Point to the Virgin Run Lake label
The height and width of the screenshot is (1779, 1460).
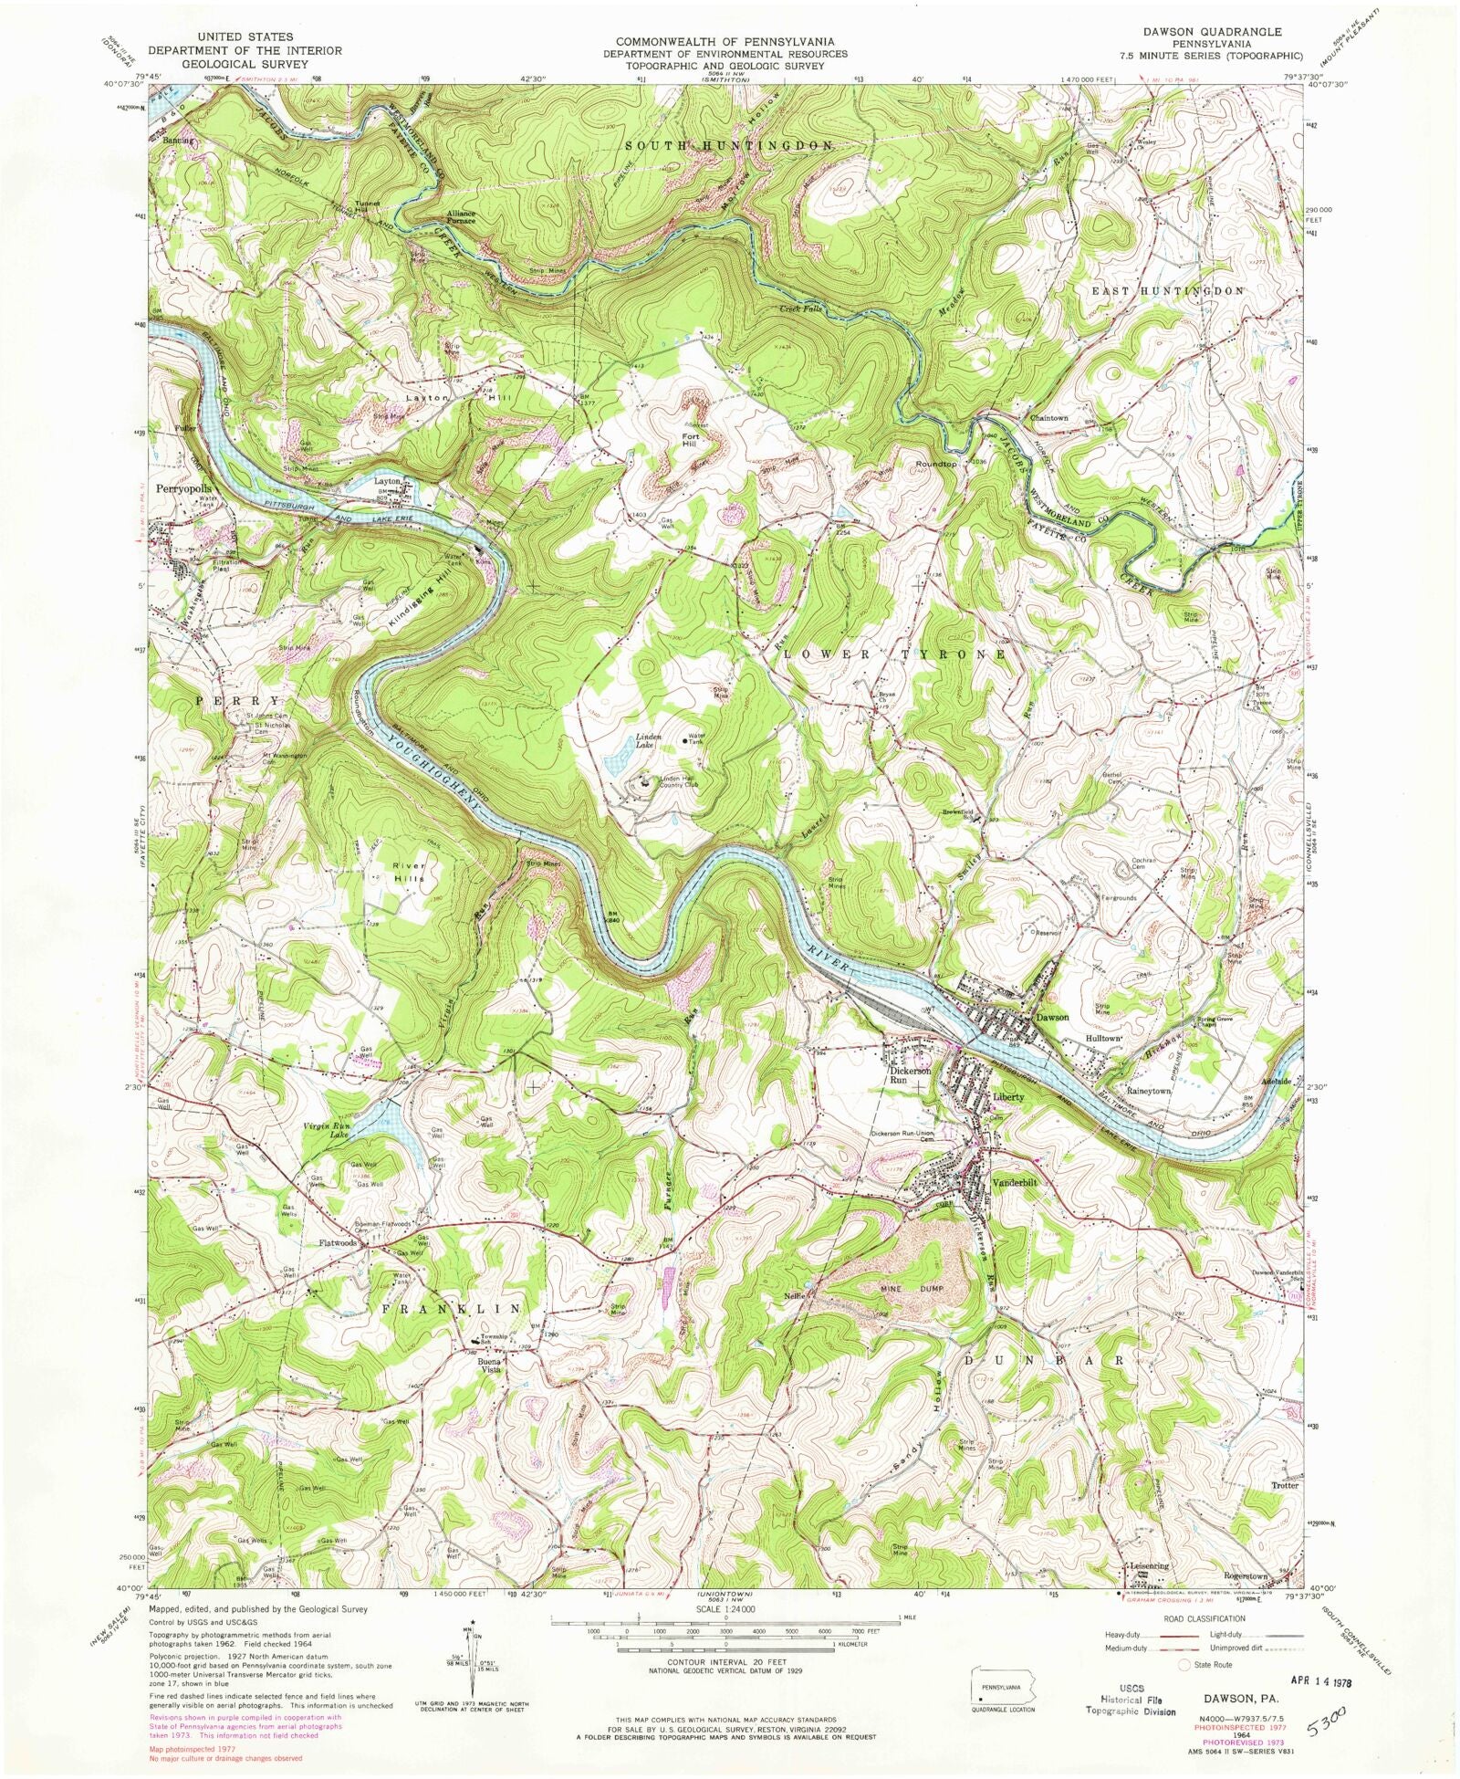(326, 1131)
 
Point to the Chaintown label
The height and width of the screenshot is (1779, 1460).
(1048, 418)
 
